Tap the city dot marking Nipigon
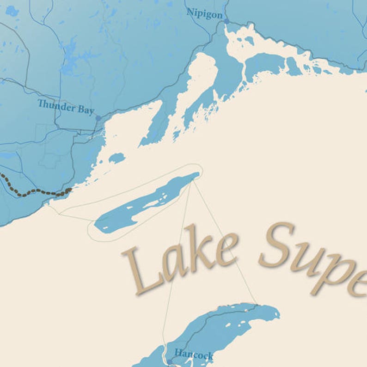(226, 21)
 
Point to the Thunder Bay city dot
(98, 118)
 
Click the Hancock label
(194, 355)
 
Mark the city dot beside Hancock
(169, 362)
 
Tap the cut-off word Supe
(314, 259)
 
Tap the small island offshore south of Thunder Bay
(116, 159)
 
